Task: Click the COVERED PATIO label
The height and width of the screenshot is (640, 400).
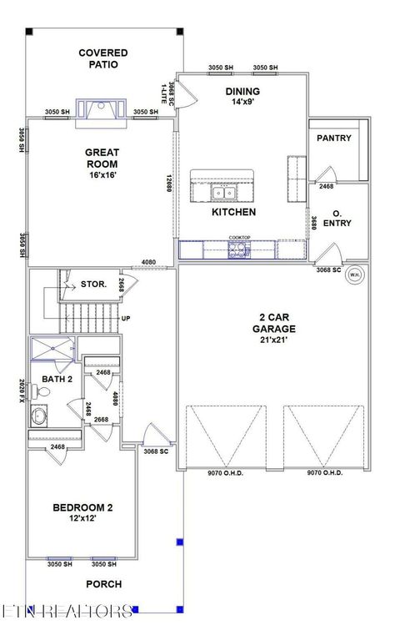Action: (103, 58)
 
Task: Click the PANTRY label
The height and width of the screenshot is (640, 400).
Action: (333, 139)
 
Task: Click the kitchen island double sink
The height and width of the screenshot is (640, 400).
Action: (222, 193)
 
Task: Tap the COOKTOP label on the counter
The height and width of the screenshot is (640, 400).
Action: (240, 238)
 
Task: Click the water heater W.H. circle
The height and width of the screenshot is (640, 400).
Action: (354, 275)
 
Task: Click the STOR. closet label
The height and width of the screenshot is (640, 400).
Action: (92, 285)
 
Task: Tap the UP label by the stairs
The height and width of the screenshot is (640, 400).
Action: (127, 318)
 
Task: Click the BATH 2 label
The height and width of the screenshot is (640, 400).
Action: (57, 380)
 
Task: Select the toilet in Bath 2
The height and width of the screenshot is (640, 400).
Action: (39, 416)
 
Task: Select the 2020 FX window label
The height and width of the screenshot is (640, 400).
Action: (22, 390)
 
